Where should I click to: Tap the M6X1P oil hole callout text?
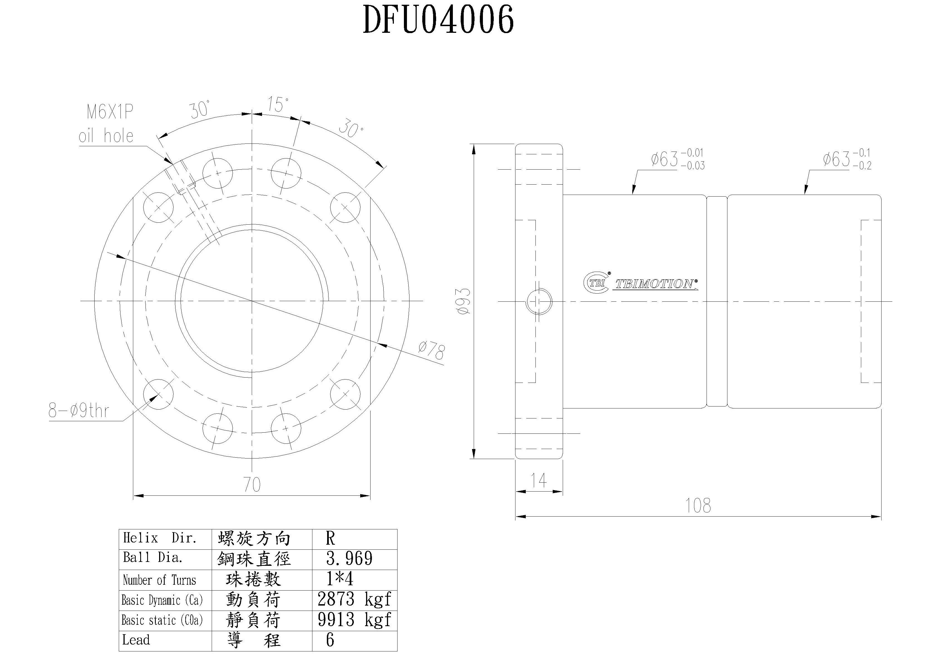coord(107,124)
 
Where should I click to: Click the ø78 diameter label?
coord(431,351)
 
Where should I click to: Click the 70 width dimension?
coord(252,485)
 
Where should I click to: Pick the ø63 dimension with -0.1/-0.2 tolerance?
coord(847,159)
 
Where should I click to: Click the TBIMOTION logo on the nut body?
coord(641,283)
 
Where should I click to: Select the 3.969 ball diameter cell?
coord(349,559)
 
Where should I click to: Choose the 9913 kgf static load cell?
coord(354,620)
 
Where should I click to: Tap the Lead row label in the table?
coord(136,640)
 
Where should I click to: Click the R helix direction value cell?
coord(330,538)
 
